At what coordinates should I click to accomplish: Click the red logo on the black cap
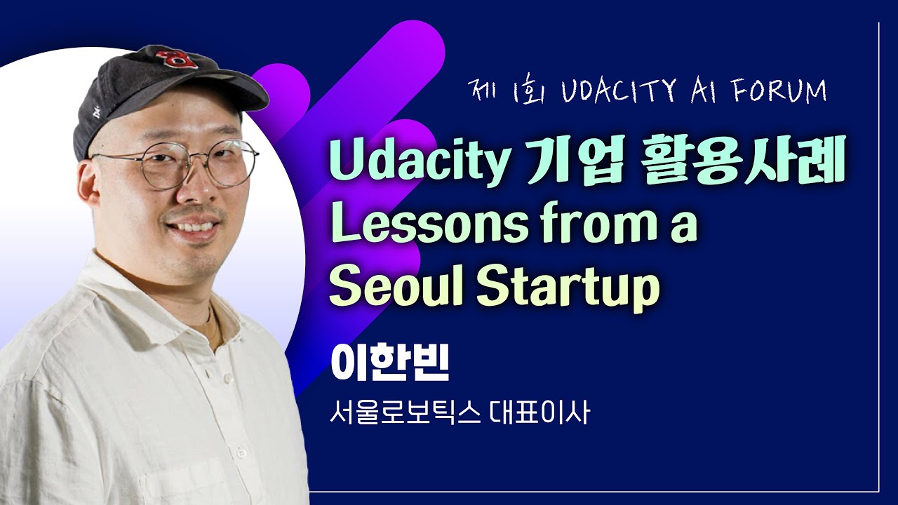coord(170,58)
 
